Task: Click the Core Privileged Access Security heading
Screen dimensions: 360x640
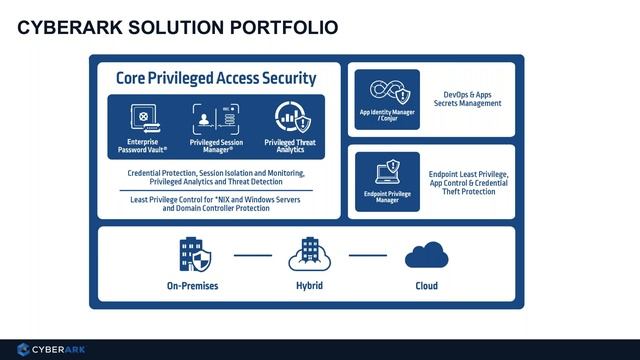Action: pos(216,77)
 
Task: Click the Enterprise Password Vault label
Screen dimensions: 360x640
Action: pos(141,145)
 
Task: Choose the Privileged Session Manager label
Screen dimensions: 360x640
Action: pos(216,145)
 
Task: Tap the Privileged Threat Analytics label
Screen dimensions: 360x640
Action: pos(290,145)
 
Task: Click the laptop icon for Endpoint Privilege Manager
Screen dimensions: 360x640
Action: pos(386,171)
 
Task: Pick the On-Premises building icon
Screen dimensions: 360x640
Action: pos(192,255)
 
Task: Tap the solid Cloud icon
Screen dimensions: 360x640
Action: pos(425,257)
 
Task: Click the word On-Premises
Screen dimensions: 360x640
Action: pos(192,286)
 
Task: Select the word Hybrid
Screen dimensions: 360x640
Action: pos(309,286)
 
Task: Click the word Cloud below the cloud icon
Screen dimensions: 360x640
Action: pos(426,286)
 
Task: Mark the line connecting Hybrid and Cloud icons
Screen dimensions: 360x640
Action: pos(367,255)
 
